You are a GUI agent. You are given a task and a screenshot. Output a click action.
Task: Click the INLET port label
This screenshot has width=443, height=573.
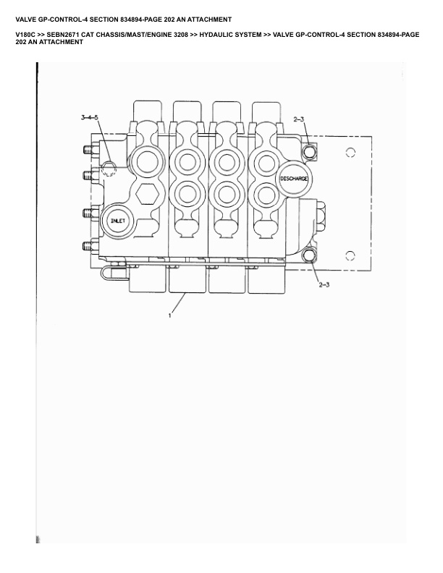(x=118, y=221)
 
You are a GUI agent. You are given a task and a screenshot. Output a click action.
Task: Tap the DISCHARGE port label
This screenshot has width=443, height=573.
(x=294, y=179)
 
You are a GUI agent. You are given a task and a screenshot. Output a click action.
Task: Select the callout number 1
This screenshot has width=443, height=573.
(x=169, y=315)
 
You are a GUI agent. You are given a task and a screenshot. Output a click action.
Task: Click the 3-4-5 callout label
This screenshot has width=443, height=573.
(x=90, y=117)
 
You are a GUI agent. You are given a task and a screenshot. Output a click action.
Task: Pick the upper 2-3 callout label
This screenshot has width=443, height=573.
(x=299, y=119)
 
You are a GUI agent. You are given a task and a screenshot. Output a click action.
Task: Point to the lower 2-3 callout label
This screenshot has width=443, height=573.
(x=324, y=284)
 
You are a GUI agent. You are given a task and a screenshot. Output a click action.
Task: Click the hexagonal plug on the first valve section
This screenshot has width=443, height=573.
(x=147, y=193)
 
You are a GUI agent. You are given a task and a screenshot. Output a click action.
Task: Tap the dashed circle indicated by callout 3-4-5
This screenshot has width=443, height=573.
(x=108, y=169)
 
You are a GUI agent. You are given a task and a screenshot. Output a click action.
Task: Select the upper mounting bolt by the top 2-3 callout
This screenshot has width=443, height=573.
(x=310, y=151)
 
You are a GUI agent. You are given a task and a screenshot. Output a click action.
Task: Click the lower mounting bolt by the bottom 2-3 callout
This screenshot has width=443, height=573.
(x=309, y=255)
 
